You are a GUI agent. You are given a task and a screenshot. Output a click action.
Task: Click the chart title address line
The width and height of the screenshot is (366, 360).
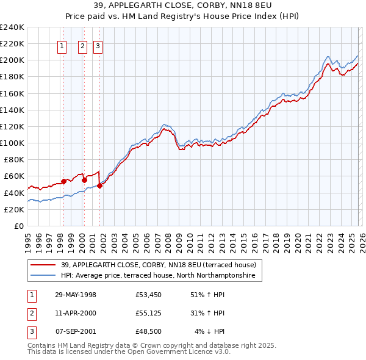pos(182,5)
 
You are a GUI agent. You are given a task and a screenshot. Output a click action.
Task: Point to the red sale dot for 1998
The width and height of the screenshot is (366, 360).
pos(63,181)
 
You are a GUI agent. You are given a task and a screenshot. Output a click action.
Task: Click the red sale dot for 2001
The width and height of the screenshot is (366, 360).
pos(99,185)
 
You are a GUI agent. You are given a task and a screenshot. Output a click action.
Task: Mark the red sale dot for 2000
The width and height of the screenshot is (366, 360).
pos(84,180)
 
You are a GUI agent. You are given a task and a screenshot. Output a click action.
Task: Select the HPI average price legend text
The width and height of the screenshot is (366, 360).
pos(161,276)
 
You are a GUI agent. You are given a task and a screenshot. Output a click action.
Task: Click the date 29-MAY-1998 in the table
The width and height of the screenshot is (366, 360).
pos(76,295)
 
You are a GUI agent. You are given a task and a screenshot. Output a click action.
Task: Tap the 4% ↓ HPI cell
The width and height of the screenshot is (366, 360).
pos(210,331)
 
